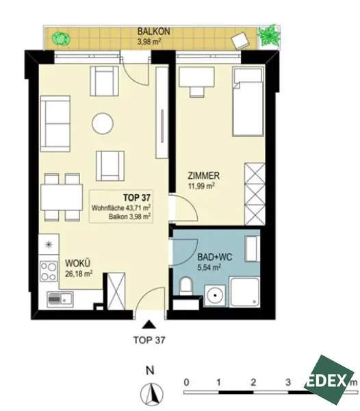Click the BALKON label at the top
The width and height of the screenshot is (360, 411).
coord(148,32)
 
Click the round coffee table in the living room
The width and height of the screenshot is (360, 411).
coord(103,124)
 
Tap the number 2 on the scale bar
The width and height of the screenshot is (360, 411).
coord(253,380)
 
